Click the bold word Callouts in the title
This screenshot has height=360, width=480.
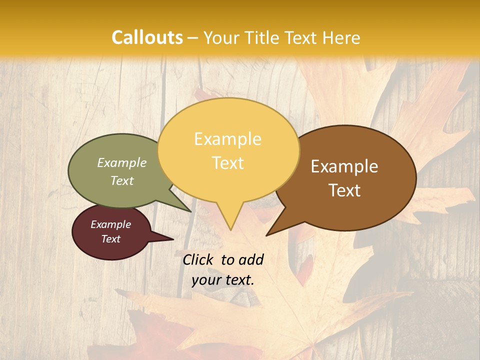click(x=147, y=37)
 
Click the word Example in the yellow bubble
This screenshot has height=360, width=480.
click(x=228, y=139)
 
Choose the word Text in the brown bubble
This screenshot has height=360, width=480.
click(x=345, y=190)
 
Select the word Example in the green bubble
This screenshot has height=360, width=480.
click(x=122, y=163)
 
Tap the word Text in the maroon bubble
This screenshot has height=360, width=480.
click(x=111, y=239)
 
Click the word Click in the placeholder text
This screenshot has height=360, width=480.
click(x=199, y=259)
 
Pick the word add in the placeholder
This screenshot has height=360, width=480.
click(x=251, y=260)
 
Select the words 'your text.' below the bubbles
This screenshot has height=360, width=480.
click(x=223, y=280)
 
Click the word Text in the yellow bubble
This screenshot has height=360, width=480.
click(x=228, y=163)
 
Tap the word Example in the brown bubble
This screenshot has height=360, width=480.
click(x=344, y=166)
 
